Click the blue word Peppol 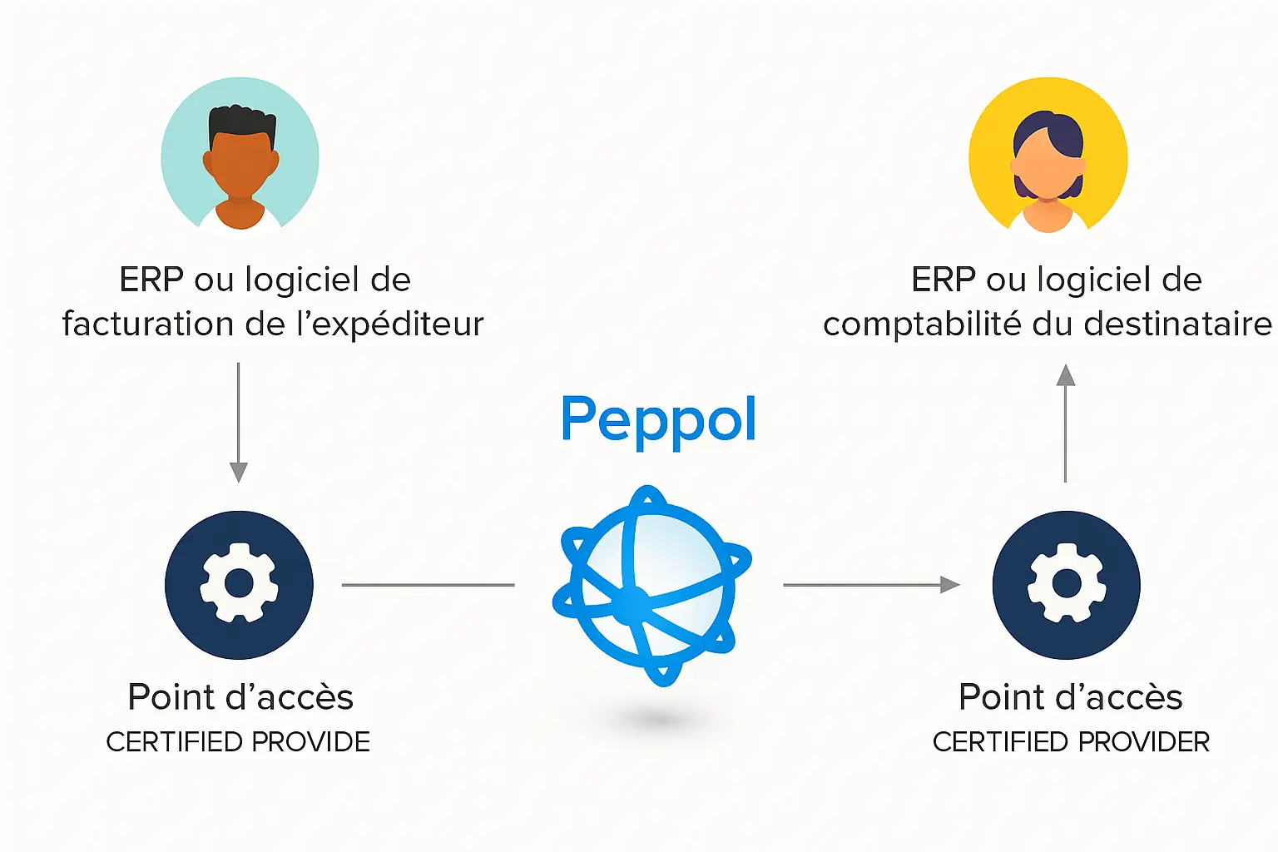point(658,419)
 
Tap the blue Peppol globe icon point(651,586)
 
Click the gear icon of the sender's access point point(239,584)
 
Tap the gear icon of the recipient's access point point(1066,584)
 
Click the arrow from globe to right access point point(870,585)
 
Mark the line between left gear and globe point(428,585)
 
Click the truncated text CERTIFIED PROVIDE point(238,741)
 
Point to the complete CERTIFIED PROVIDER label point(1071,741)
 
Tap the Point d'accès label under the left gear point(240,697)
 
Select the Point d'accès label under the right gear point(1070,697)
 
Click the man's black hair point(240,124)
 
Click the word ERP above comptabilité point(944,280)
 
